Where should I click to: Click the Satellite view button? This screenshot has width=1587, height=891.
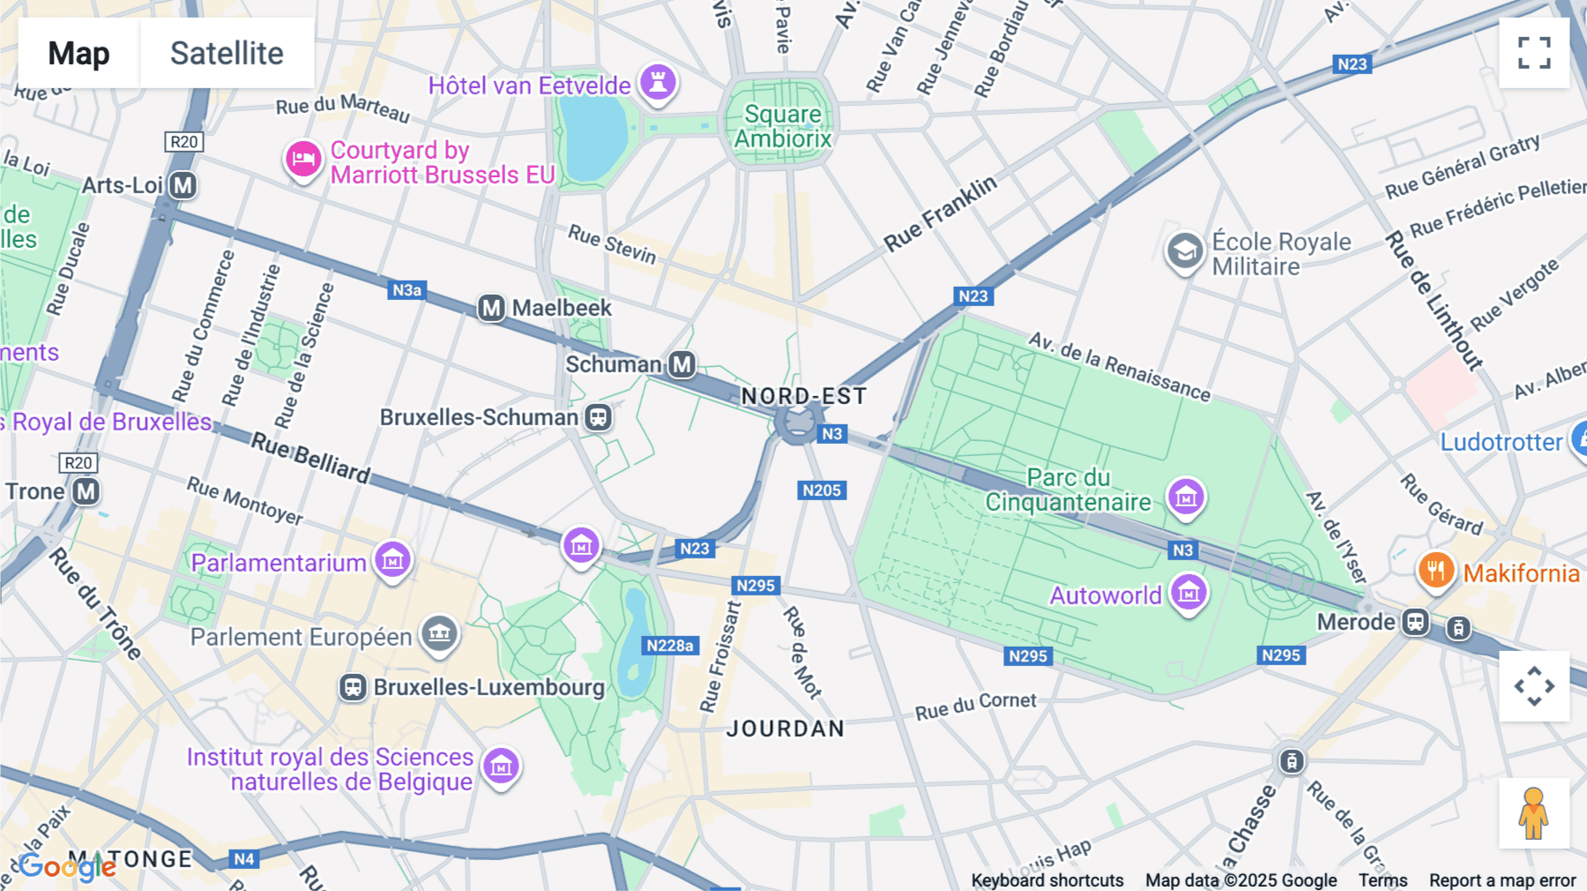coord(227,53)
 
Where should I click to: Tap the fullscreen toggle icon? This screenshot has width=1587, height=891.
coord(1534,53)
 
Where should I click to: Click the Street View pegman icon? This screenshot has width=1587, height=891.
coord(1534,813)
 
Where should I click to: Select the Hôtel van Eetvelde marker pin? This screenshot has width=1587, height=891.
coord(658,83)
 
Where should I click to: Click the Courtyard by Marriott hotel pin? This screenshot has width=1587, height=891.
coord(302,161)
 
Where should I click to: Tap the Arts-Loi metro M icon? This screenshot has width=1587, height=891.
coord(183,185)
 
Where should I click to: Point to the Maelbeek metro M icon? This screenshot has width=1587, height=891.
coord(491,308)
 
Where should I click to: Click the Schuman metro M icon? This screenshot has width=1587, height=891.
coord(682,364)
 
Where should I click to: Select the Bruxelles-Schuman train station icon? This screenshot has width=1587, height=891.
coord(599,417)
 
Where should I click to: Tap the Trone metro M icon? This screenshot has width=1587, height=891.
coord(86,491)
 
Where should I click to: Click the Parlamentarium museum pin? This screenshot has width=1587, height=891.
coord(392,559)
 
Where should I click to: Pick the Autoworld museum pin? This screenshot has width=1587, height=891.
coord(1188,592)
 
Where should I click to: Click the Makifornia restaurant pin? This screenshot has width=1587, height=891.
coord(1435,571)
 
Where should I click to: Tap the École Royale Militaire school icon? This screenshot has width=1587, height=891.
coord(1184,252)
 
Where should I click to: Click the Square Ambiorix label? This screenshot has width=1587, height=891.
coord(782,126)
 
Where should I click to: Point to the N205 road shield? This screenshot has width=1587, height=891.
coord(822,490)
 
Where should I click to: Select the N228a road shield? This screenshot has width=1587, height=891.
coord(670,646)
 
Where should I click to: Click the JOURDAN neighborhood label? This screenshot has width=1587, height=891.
coord(785,729)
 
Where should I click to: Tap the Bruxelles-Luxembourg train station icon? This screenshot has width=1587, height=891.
coord(354,687)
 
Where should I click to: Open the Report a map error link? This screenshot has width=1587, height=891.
coord(1501,880)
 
